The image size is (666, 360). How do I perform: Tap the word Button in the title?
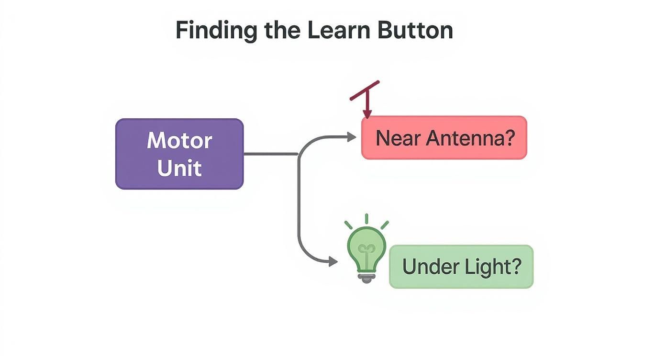(415, 30)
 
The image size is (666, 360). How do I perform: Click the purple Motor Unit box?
(179, 154)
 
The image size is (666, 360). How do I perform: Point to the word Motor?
(179, 140)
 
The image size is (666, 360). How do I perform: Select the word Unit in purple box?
(179, 168)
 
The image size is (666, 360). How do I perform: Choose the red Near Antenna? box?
(444, 137)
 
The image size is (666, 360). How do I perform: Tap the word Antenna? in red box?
(471, 138)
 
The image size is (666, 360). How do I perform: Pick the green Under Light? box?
(461, 267)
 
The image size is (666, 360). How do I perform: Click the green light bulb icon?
(366, 249)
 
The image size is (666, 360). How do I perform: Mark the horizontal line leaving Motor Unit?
(270, 154)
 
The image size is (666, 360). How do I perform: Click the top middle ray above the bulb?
(366, 219)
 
